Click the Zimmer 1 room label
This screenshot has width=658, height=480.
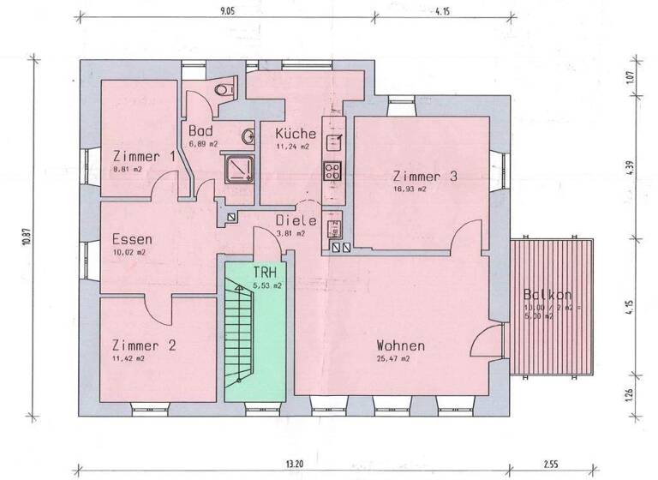coord(144,157)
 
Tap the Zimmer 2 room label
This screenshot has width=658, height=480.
coord(144,345)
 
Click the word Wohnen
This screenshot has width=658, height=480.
coord(400,345)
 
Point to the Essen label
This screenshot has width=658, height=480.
coord(132,239)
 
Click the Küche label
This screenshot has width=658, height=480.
coord(296,134)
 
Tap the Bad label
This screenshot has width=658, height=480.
coord(200,131)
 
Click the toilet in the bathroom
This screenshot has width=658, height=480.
coord(225,90)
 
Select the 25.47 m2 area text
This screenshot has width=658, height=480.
coord(392,360)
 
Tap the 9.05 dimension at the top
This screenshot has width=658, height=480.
coord(226,12)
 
